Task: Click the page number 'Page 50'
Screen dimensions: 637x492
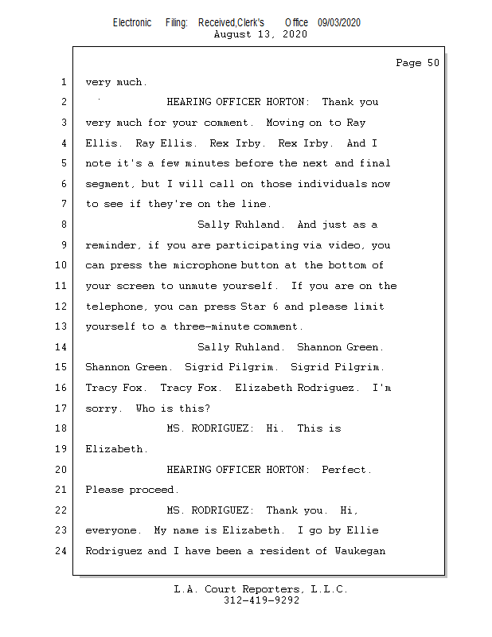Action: [417, 63]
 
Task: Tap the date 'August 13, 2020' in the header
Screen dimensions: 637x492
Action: [260, 34]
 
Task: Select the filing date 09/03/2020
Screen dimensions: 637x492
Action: [338, 22]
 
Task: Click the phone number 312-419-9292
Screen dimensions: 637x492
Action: [261, 600]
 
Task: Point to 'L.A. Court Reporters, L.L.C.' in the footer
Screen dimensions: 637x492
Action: [260, 589]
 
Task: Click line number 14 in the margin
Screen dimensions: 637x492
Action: [62, 347]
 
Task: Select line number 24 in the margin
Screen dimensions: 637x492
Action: [62, 551]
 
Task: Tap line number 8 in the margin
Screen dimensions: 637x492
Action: [64, 225]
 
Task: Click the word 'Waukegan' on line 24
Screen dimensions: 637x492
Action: [360, 551]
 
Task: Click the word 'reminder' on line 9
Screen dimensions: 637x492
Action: [111, 245]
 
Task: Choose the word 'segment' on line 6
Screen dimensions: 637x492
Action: [107, 184]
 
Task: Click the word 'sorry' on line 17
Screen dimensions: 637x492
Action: [101, 408]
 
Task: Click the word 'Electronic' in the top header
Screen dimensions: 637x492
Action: [132, 22]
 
